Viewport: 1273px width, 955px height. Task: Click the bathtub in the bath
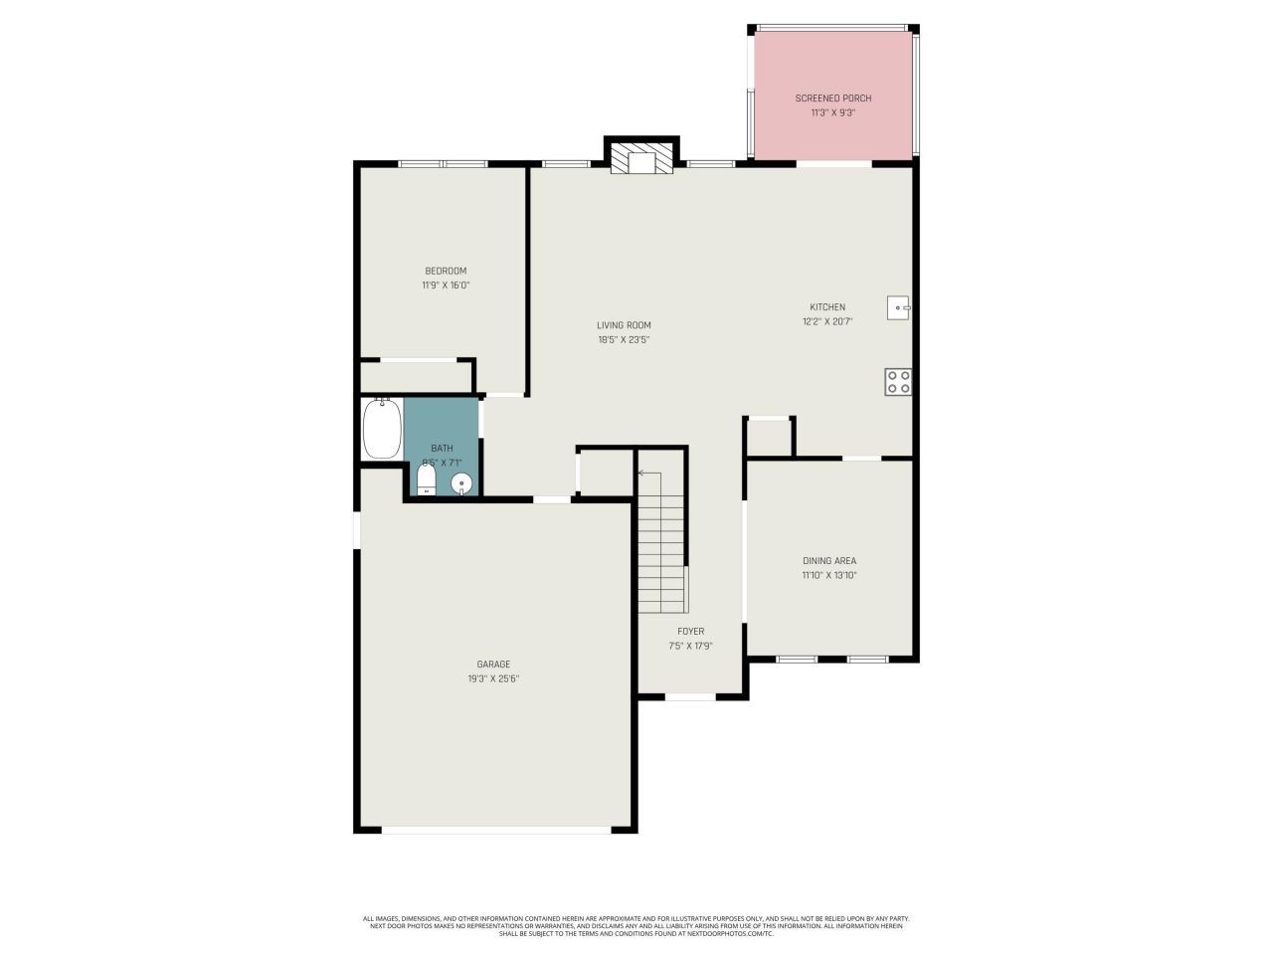tap(382, 429)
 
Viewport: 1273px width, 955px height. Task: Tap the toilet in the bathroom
tap(427, 481)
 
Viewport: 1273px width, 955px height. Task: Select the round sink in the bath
tap(461, 484)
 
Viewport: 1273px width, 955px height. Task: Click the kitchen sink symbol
tap(898, 307)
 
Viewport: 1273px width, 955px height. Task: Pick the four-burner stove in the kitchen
tap(898, 382)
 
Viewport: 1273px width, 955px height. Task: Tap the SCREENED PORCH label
tap(832, 98)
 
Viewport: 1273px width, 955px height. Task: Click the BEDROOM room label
tap(446, 271)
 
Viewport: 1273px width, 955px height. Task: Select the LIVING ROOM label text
tap(624, 325)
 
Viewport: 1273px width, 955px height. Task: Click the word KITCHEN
tap(826, 307)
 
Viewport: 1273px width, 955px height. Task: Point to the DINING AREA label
tap(829, 561)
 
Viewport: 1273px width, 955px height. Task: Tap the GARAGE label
tap(493, 665)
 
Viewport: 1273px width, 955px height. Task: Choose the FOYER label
tap(690, 632)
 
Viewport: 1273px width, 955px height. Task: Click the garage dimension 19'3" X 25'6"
tap(493, 678)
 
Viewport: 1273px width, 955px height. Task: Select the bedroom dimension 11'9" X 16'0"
tap(446, 285)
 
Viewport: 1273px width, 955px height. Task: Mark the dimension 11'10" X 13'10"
tap(829, 575)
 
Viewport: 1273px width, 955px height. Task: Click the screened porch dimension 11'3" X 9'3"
tap(832, 112)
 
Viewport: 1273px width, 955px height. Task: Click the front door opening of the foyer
tap(690, 696)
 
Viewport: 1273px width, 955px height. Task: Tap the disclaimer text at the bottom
tap(636, 926)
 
